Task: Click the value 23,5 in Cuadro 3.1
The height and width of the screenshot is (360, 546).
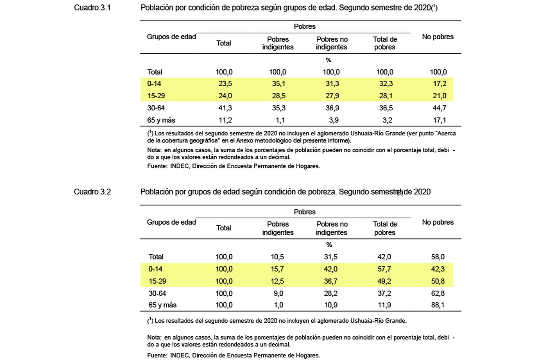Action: tap(225, 84)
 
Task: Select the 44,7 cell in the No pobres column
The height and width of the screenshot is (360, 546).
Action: tap(439, 108)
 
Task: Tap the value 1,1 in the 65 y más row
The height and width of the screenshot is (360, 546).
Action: tap(280, 120)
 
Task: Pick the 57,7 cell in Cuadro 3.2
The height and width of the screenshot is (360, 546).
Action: tap(384, 269)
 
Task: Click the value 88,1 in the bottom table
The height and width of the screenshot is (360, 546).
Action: tap(438, 305)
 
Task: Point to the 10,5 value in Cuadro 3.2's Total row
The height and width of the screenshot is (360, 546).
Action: tap(277, 257)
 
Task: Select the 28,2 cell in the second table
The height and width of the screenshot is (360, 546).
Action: tap(331, 293)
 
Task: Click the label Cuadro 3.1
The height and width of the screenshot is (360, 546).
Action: tap(92, 8)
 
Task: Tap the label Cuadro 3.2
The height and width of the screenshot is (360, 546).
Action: tap(92, 192)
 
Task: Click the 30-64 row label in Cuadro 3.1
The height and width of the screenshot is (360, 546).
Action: tap(156, 108)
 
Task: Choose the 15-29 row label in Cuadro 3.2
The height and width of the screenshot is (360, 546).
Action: tap(158, 281)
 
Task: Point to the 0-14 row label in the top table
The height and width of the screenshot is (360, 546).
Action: tap(154, 84)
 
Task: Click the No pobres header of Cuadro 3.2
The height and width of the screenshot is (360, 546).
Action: tap(438, 222)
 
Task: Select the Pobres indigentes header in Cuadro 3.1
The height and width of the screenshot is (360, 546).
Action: tap(278, 43)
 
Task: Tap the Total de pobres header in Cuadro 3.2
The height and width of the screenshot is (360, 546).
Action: tap(385, 228)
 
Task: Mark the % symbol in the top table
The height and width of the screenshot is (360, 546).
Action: tap(328, 60)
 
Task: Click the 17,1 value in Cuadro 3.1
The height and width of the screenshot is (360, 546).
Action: tap(439, 120)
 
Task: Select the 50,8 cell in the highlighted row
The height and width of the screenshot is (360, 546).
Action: tap(438, 281)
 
